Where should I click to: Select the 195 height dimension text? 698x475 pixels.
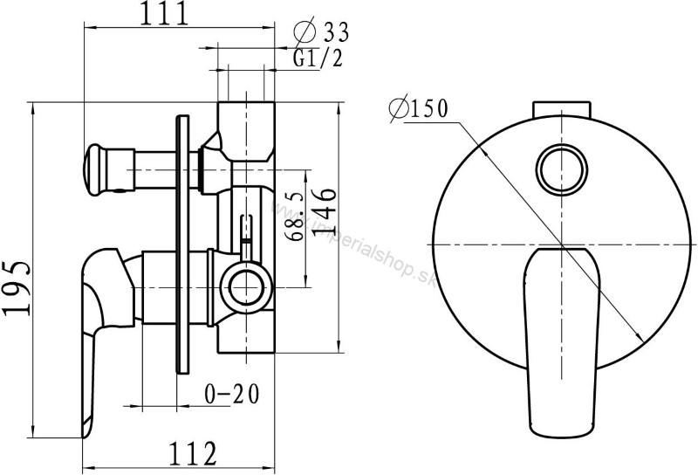coord(17,288)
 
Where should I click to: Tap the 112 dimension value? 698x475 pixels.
coord(192,454)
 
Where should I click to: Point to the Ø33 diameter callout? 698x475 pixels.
coord(321,32)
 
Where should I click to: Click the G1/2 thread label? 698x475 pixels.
coord(318,58)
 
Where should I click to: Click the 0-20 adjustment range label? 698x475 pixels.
coord(231,394)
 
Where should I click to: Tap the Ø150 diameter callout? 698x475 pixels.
coord(418,108)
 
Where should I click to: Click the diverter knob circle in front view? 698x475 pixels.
coord(562,169)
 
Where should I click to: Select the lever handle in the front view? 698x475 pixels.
coord(562,341)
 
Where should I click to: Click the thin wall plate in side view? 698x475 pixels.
coord(182,244)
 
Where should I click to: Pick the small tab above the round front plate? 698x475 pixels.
coord(562,110)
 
